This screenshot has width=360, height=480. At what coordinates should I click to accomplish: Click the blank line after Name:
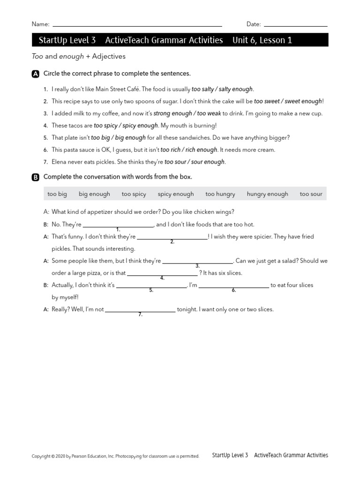point(137,25)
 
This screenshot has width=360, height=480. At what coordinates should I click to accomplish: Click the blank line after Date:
point(295,25)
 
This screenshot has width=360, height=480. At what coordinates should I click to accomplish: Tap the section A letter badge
point(36,74)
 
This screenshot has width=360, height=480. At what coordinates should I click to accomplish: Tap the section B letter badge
point(36,177)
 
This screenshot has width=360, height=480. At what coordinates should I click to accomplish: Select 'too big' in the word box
point(57,194)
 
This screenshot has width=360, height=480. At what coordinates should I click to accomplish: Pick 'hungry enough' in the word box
point(267,194)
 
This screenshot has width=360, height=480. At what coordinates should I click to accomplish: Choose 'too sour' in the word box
point(311,194)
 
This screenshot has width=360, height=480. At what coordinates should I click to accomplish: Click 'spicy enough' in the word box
point(175,194)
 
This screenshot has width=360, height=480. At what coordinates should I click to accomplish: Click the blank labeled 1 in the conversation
point(118,225)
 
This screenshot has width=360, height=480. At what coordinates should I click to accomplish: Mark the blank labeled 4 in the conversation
point(162,274)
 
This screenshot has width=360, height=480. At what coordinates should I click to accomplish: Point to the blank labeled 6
point(233,286)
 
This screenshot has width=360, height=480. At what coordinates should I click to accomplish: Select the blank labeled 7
point(140,311)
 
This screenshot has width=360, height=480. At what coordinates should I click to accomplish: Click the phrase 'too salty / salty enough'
point(222,89)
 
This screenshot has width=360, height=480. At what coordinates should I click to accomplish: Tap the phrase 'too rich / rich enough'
point(188,150)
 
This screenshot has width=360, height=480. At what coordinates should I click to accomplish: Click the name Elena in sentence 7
point(60,162)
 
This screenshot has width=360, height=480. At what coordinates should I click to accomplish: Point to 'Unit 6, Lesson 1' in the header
point(262,40)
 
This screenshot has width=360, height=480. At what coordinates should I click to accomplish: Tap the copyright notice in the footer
point(115,456)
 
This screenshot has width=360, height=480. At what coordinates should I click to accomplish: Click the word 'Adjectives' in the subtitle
point(109,56)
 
